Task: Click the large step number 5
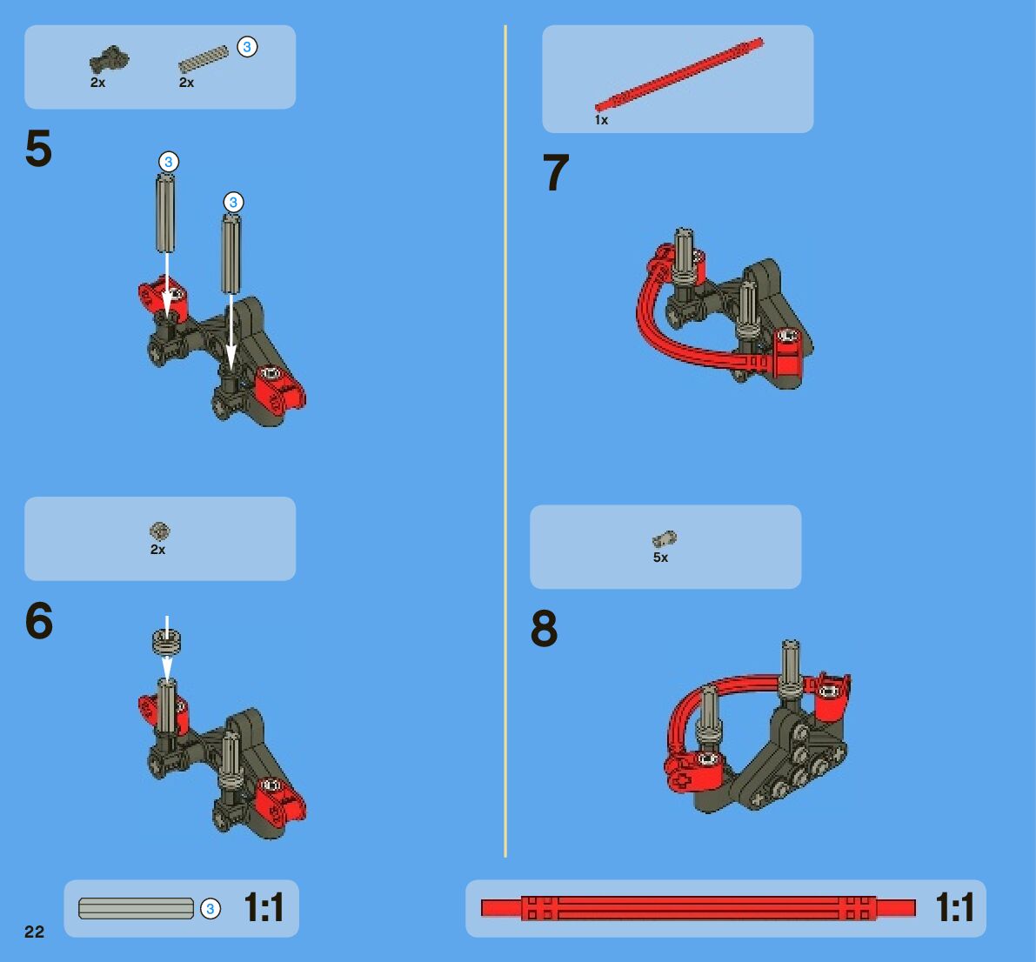(38, 149)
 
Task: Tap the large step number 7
(557, 172)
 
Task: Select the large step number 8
(544, 628)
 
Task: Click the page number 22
(34, 932)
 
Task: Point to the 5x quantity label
(661, 557)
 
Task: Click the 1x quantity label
(601, 119)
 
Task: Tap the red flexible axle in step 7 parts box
(679, 74)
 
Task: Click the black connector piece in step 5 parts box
(109, 59)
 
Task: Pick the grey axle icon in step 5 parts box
(203, 59)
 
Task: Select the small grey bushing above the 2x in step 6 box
(159, 531)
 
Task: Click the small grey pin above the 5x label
(664, 539)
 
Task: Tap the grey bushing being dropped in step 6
(166, 642)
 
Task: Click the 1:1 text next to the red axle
(955, 907)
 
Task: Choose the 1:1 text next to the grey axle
(264, 907)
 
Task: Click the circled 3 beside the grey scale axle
(211, 909)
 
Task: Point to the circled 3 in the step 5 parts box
(247, 47)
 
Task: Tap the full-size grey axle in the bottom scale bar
(136, 908)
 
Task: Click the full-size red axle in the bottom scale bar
(698, 908)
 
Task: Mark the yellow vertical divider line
(505, 441)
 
